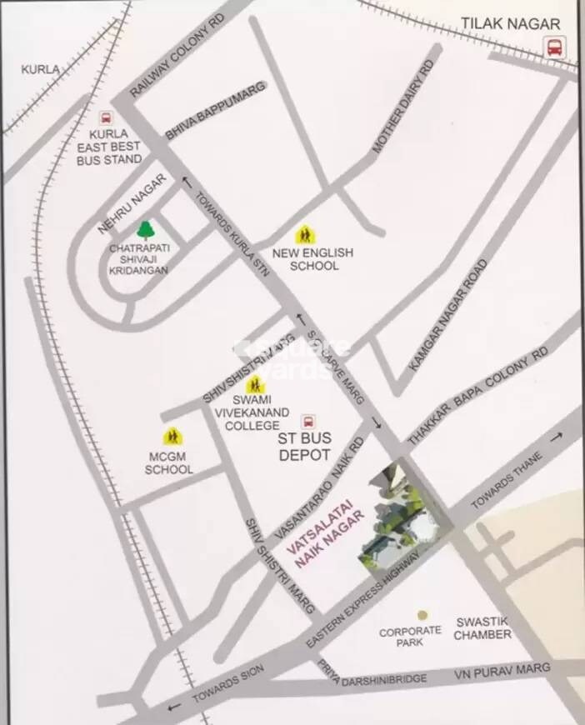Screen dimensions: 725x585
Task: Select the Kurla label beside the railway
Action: point(40,69)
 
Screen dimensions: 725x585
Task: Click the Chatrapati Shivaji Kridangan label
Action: point(138,258)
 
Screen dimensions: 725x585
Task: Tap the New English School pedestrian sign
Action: point(306,235)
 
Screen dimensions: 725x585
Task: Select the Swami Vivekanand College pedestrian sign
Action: point(256,385)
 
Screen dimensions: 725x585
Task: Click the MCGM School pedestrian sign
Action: point(172,436)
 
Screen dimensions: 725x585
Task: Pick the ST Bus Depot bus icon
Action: point(308,422)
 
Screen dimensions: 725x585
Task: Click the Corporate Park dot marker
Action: point(422,615)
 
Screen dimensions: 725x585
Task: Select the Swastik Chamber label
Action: point(483,628)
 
